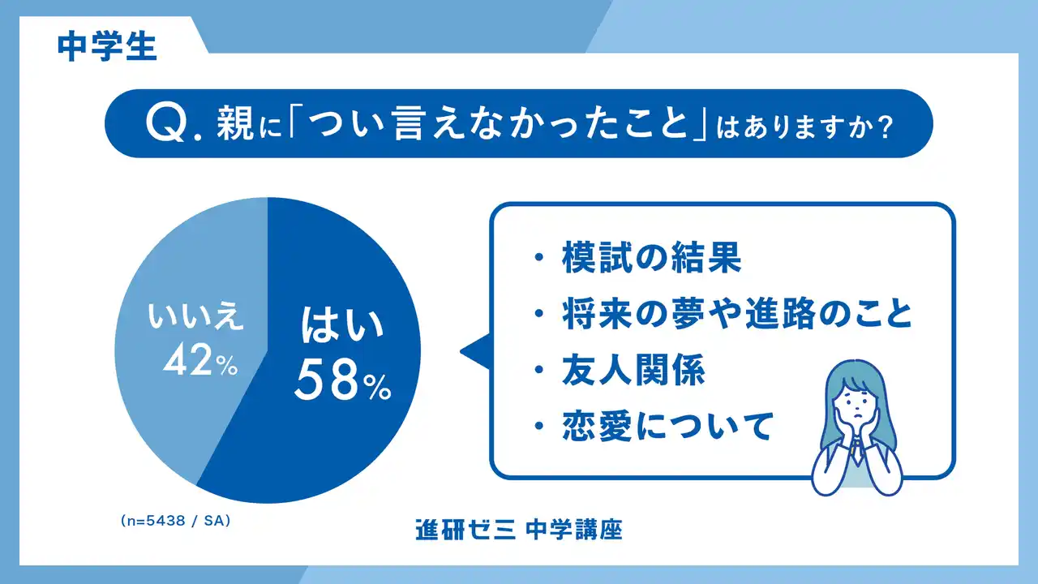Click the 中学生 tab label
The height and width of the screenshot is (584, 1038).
pos(107,46)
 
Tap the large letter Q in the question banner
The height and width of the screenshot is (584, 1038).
pos(166,125)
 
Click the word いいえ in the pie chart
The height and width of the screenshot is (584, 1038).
pos(195,319)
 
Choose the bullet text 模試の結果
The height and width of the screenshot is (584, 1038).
pos(651,260)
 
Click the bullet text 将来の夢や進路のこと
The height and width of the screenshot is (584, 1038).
pos(737,316)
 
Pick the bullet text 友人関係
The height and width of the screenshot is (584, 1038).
pos(633,371)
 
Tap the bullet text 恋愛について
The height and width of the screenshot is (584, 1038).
pos(666,426)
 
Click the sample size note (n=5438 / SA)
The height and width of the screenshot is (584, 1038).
pos(174,522)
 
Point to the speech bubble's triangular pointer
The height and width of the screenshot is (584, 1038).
pos(475,350)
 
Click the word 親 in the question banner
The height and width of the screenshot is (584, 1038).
pos(237,126)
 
